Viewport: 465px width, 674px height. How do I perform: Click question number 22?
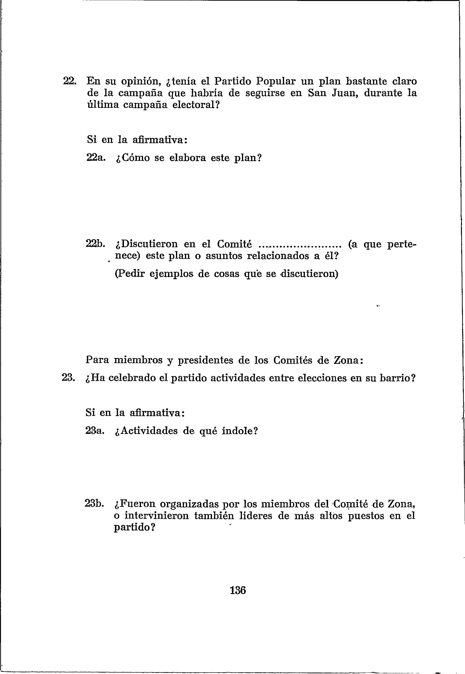coord(70,81)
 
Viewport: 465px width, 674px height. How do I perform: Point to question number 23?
coord(69,378)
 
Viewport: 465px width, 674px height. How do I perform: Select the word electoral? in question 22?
coord(196,105)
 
